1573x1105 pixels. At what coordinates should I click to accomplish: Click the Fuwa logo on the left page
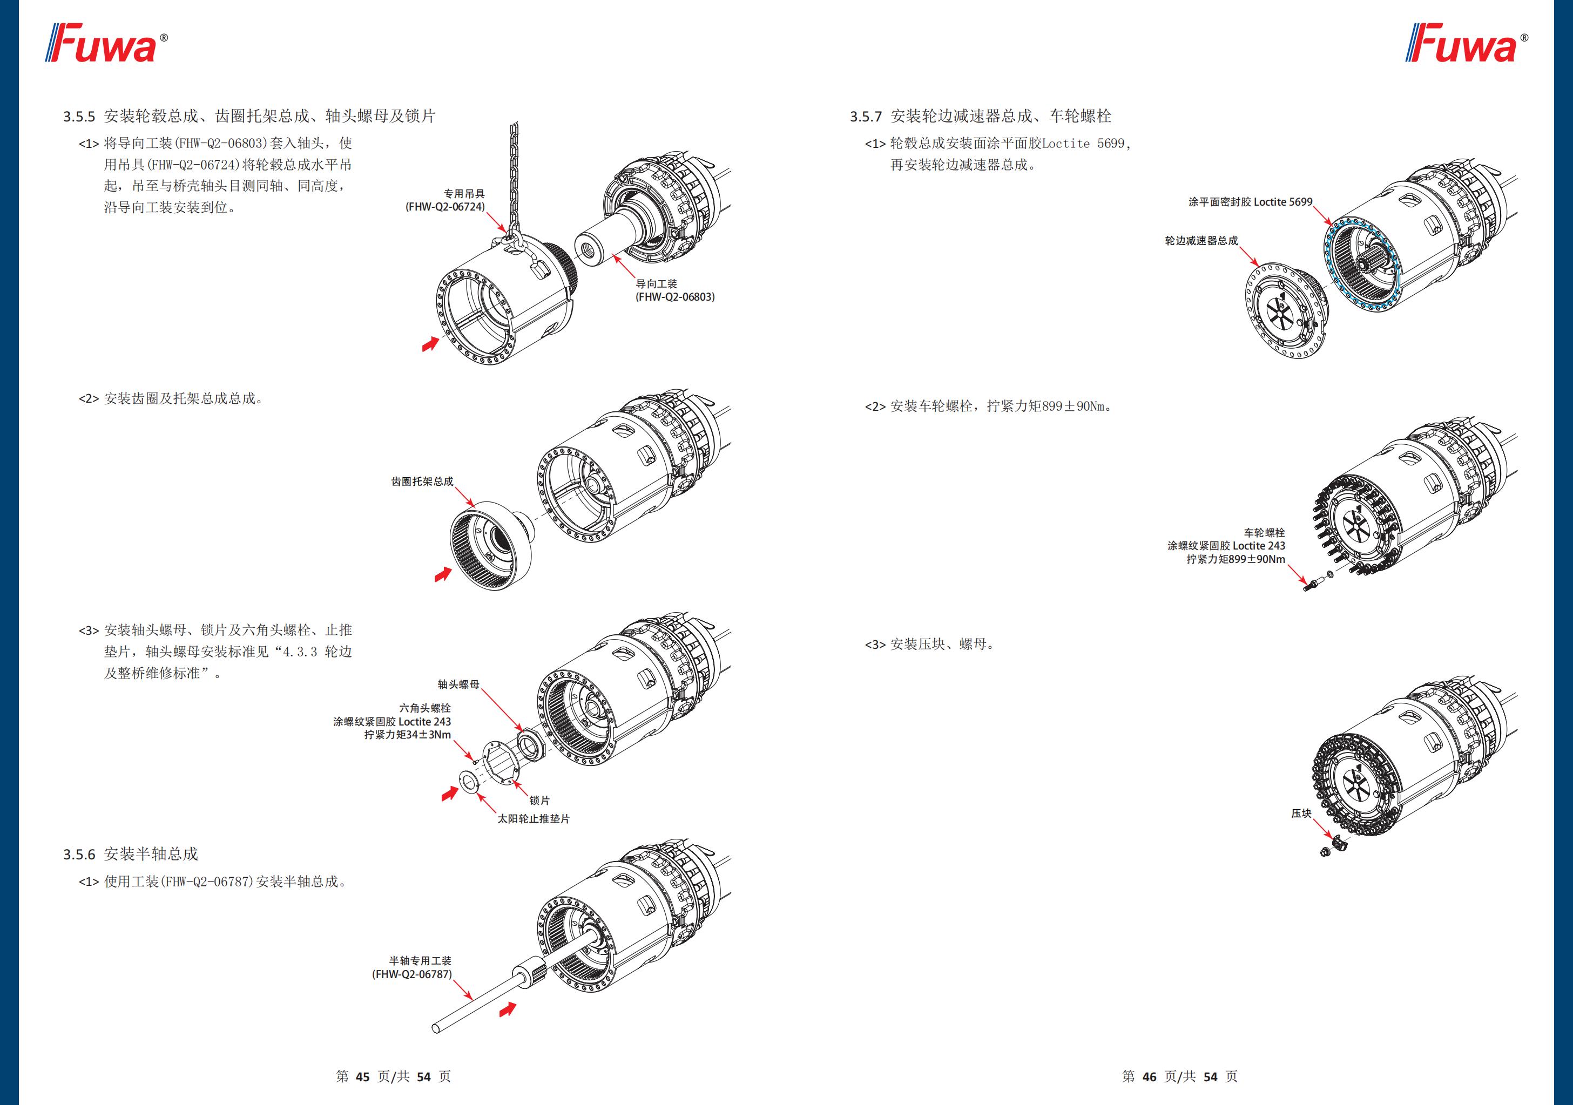point(106,44)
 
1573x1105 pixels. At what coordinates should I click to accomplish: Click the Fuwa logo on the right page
point(1466,44)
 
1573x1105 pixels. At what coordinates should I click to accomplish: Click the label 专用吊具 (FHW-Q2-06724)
point(446,200)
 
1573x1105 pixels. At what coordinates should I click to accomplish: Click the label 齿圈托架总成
point(422,482)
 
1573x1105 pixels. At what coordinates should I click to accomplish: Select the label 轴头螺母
point(458,684)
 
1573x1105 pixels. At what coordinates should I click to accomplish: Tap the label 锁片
point(539,800)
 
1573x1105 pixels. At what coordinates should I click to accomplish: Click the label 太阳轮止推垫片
point(533,819)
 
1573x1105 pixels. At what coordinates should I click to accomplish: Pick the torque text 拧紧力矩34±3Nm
point(408,735)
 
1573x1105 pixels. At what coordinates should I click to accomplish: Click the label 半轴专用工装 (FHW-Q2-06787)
point(413,967)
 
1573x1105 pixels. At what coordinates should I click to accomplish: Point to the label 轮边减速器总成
point(1201,240)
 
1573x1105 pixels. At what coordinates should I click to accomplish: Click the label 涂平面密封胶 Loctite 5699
point(1250,201)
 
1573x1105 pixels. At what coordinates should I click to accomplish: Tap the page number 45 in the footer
point(362,1076)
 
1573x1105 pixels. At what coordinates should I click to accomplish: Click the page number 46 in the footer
point(1149,1076)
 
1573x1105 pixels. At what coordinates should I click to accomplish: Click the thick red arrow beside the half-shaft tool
point(508,1008)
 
